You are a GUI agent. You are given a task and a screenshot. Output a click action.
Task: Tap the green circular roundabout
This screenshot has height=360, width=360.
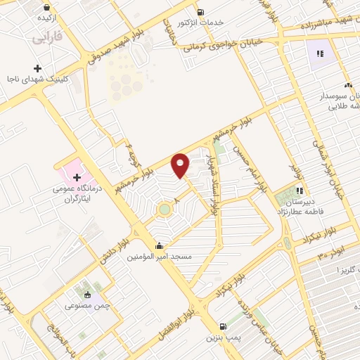point(165,208)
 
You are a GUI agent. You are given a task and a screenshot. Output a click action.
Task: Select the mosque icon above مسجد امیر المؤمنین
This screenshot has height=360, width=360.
point(160,246)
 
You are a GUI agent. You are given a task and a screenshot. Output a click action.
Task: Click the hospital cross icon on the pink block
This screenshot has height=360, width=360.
point(77,175)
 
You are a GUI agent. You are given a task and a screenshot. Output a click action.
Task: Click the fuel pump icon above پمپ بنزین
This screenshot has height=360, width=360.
point(223,326)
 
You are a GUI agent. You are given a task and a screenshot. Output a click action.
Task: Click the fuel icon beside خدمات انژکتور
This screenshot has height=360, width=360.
point(201,12)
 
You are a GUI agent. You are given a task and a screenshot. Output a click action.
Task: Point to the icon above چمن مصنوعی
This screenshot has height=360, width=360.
point(87,295)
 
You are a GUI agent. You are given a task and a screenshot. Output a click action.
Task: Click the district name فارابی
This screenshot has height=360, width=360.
point(47,36)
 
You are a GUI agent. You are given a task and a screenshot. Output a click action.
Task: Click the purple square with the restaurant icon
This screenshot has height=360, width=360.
point(321,53)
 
